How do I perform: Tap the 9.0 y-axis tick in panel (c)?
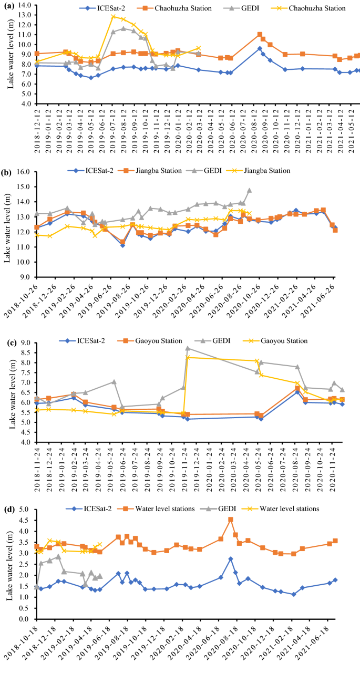click(x=25, y=343)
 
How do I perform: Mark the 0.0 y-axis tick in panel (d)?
click(x=25, y=619)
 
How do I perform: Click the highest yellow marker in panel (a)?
click(x=113, y=16)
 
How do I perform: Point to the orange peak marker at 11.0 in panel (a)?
click(x=260, y=35)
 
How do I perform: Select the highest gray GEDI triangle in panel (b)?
click(x=249, y=190)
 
